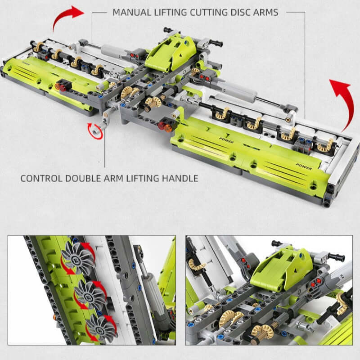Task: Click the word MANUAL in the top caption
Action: point(132,13)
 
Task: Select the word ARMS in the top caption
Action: point(265,13)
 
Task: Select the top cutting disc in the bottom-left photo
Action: point(77,258)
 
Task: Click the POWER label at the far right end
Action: point(303,166)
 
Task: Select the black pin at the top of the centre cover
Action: point(169,30)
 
